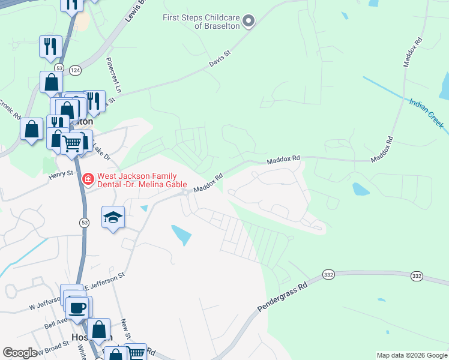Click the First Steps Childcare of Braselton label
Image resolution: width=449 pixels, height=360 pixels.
coord(201,22)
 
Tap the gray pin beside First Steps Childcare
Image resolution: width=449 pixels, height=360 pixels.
coord(248,22)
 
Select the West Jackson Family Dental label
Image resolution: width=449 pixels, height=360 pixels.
coord(140,182)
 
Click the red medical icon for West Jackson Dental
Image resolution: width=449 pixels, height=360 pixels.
coord(88,178)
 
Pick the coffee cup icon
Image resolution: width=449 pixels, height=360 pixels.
coord(77,308)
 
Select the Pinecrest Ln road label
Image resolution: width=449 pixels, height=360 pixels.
coord(113,75)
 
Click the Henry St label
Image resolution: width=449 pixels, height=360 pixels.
coord(61,173)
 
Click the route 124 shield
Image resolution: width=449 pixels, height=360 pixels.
coord(75,70)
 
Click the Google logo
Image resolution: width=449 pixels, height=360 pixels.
coord(20,353)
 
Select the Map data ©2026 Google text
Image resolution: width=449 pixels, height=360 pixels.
coord(412,355)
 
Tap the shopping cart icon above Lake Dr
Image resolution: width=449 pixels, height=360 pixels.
coord(73,143)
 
